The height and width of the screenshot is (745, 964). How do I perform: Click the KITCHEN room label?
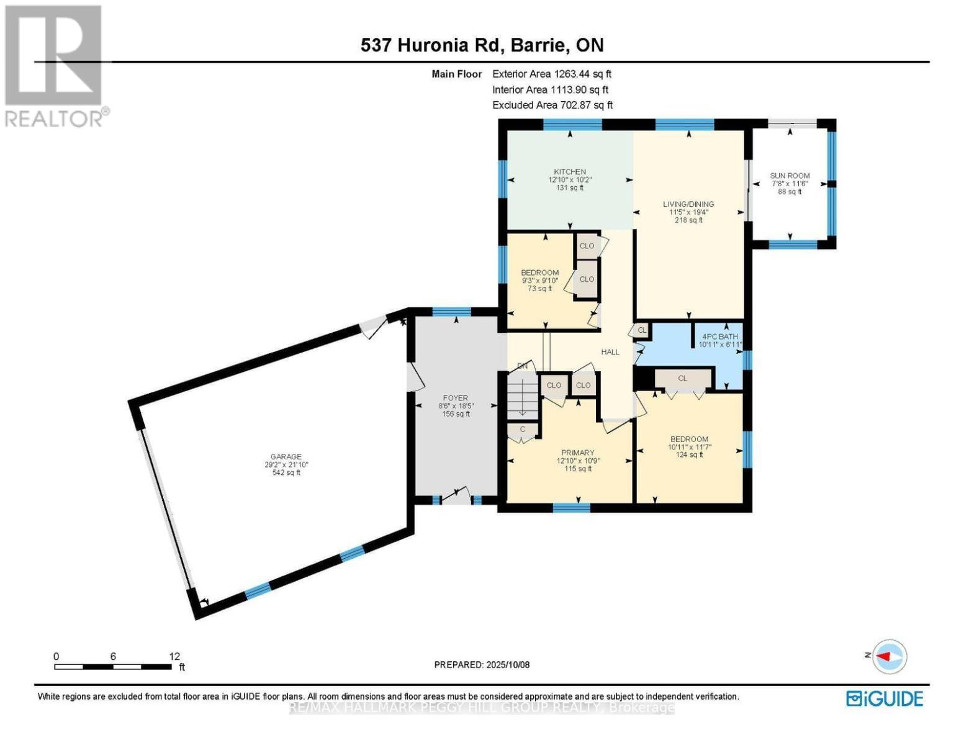point(569,172)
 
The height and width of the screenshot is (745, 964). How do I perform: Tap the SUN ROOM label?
point(790,176)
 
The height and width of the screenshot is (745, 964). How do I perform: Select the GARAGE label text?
point(286,457)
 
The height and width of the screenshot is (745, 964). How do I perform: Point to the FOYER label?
point(455,398)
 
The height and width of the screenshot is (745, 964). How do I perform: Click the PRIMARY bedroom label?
point(577,453)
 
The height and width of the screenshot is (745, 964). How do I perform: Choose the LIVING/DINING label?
point(688,204)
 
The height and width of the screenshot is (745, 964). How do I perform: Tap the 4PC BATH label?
point(719,336)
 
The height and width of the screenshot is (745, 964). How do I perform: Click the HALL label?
point(610,352)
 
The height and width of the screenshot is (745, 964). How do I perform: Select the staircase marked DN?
point(523,397)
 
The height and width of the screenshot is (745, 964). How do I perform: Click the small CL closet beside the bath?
point(642,330)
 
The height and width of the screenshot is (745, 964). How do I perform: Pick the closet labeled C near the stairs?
point(522,430)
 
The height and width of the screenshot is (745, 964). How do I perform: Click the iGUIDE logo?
point(884,698)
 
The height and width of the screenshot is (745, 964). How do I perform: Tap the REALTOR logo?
point(55,65)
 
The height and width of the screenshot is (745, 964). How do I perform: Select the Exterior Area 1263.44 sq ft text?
point(552,74)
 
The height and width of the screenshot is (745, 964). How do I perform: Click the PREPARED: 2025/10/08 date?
point(482,665)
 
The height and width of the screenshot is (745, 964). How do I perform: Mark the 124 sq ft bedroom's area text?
point(689,454)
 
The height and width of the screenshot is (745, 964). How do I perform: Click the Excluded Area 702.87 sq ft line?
point(552,105)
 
